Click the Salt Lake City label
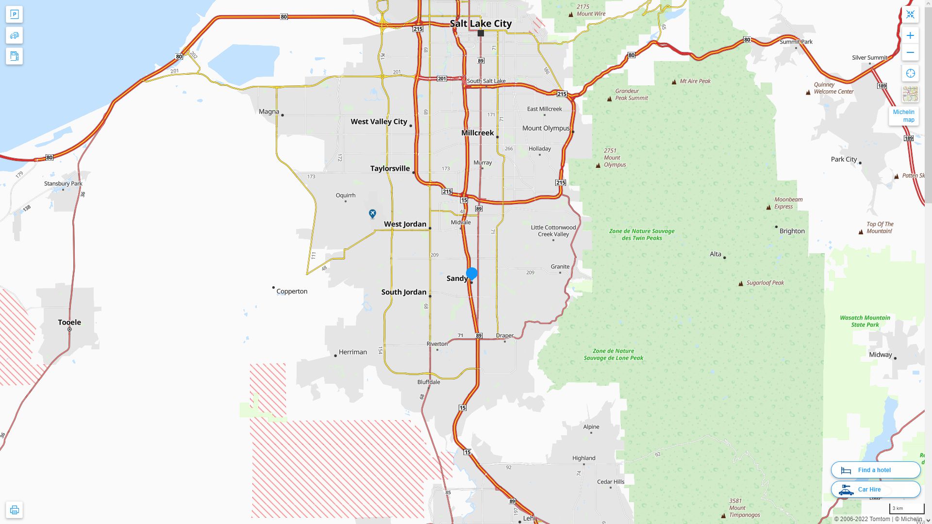click(x=481, y=23)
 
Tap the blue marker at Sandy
click(x=472, y=274)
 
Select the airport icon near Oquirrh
click(x=372, y=213)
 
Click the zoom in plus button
click(x=910, y=35)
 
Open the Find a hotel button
click(x=875, y=470)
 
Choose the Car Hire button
click(x=875, y=489)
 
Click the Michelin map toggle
click(x=903, y=115)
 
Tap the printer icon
click(x=14, y=510)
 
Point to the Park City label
click(x=844, y=159)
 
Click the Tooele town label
click(x=69, y=322)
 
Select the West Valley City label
click(x=379, y=121)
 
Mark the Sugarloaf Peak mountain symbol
click(x=741, y=283)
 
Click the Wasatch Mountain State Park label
click(x=865, y=321)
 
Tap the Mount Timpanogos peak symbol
click(x=723, y=515)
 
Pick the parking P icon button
click(x=14, y=15)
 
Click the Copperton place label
click(x=292, y=291)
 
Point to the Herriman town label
click(x=352, y=352)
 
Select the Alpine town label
click(x=591, y=426)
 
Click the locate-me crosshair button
click(x=910, y=73)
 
